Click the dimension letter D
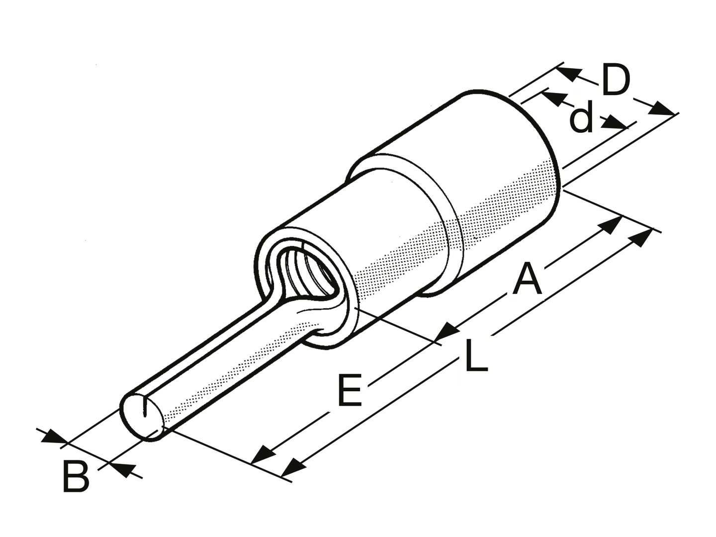point(616,81)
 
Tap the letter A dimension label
point(527,279)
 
